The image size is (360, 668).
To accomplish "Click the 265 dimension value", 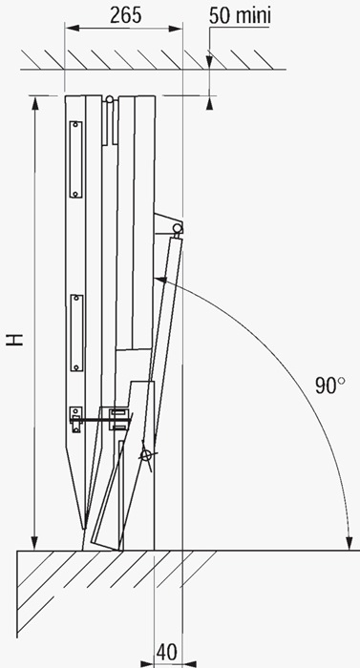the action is tap(125, 16).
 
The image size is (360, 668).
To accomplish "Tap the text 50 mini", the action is tap(240, 16).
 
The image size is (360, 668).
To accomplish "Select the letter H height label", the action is tap(15, 340).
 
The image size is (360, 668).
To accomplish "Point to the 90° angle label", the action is tap(330, 386).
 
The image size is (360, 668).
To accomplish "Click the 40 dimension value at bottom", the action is tap(168, 652).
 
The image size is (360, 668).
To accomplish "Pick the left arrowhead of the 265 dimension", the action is tap(72, 28).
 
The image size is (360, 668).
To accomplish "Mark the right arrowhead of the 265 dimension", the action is tap(176, 28).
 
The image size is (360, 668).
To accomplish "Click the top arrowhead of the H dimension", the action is tap(35, 103).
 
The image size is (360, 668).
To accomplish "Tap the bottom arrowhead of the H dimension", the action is tap(35, 543).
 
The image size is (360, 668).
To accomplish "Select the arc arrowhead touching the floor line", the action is tap(349, 543).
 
